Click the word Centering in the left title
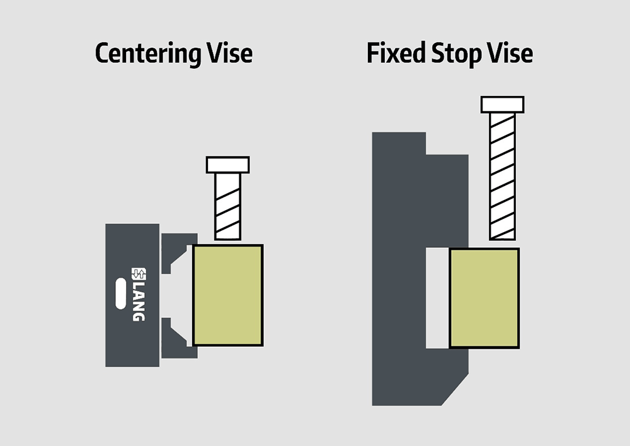pyautogui.click(x=148, y=54)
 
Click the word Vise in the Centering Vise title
pyautogui.click(x=230, y=53)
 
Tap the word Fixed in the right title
pyautogui.click(x=396, y=53)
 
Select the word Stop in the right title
pyautogui.click(x=456, y=54)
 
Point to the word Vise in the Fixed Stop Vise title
pyautogui.click(x=510, y=53)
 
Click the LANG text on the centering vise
pyautogui.click(x=139, y=301)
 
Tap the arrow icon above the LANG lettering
pyautogui.click(x=139, y=274)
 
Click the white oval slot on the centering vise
pyautogui.click(x=120, y=293)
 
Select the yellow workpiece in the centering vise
pyautogui.click(x=228, y=295)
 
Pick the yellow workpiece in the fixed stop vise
pyautogui.click(x=484, y=298)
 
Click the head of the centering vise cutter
pyautogui.click(x=228, y=165)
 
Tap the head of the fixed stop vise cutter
pyautogui.click(x=503, y=105)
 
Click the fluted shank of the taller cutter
pyautogui.click(x=503, y=177)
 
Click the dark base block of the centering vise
pyautogui.click(x=132, y=295)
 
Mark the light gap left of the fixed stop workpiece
pyautogui.click(x=437, y=298)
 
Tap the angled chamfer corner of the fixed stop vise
pyautogui.click(x=455, y=390)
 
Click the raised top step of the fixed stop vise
pyautogui.click(x=399, y=143)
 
